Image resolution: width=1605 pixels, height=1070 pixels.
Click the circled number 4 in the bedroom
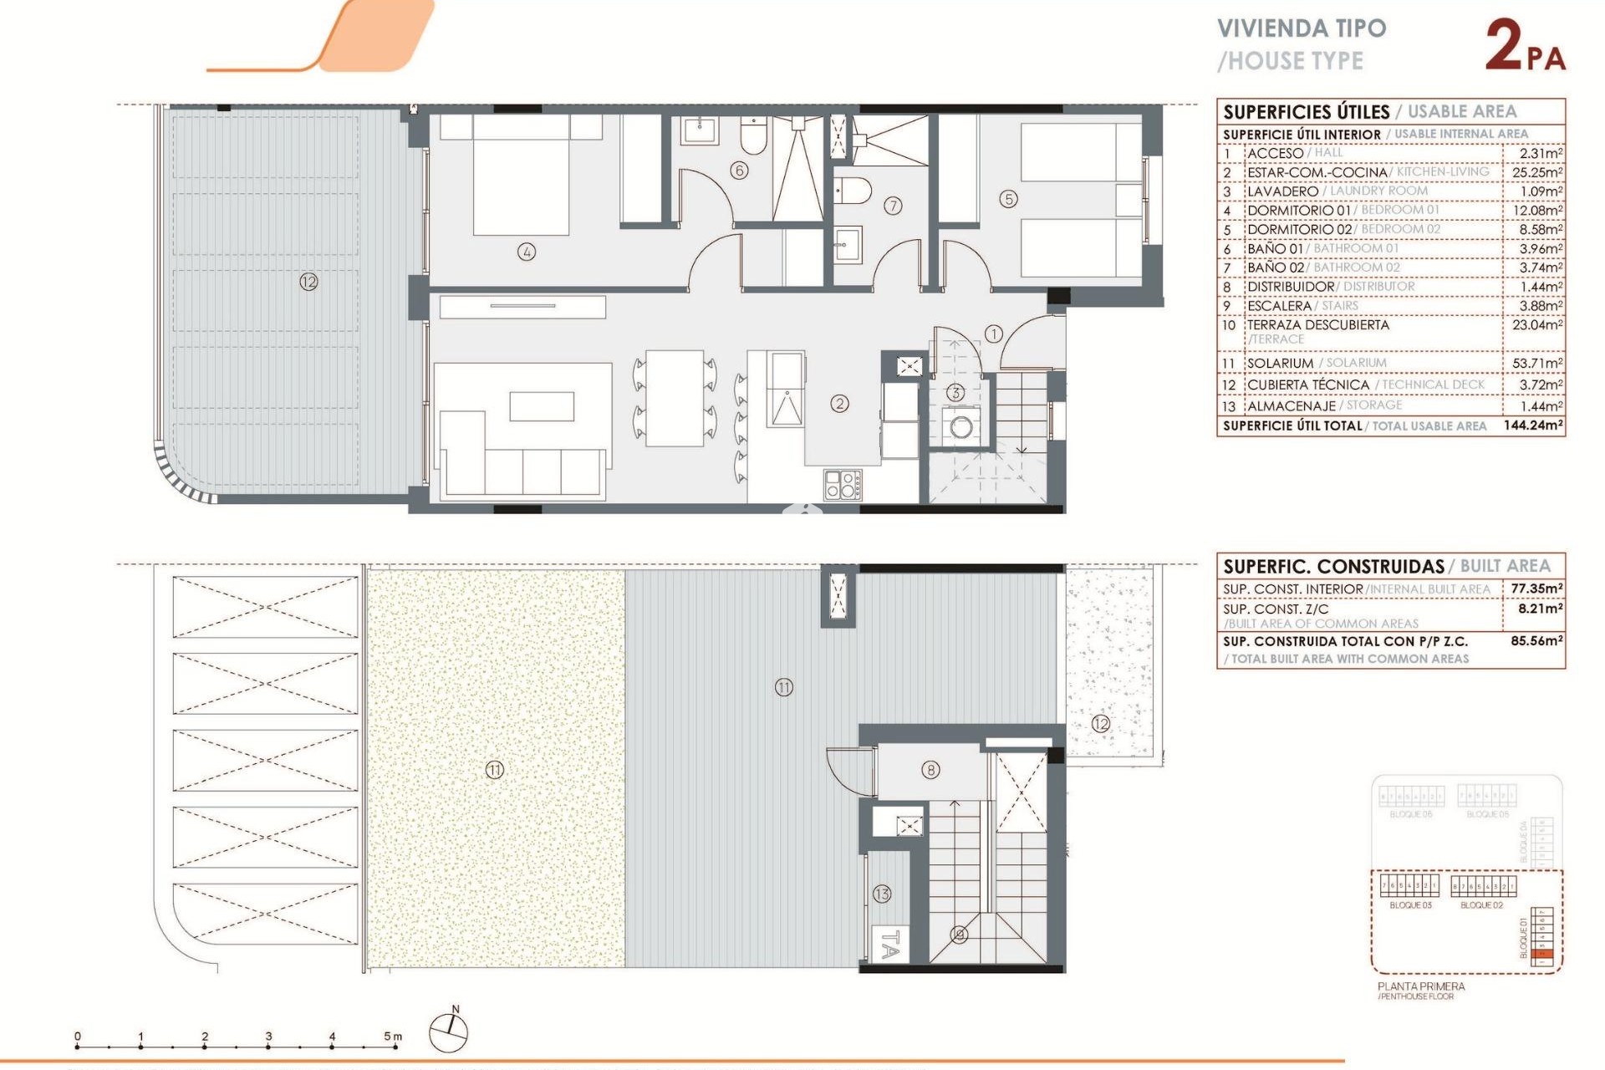[x=526, y=252]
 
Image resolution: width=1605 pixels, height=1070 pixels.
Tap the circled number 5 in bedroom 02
[x=1008, y=199]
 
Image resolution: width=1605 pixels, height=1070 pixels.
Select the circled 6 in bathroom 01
[x=739, y=171]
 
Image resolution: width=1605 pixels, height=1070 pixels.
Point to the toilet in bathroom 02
[x=853, y=190]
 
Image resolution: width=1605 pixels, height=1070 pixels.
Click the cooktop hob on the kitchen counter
[x=843, y=485]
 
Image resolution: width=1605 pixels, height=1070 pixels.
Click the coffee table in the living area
[x=542, y=406]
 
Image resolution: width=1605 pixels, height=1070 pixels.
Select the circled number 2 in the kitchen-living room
[x=839, y=404]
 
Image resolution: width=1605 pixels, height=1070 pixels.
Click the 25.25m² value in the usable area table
[x=1536, y=172]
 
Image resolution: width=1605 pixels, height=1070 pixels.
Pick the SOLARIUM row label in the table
[x=1280, y=363]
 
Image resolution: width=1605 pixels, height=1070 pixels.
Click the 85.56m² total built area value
[x=1536, y=641]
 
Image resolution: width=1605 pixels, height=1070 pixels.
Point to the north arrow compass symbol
[x=449, y=1032]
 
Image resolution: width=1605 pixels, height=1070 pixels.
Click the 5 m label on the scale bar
[x=393, y=1037]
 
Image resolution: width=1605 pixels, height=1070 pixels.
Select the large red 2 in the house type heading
[x=1503, y=46]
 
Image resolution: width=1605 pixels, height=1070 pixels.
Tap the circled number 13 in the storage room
[x=882, y=894]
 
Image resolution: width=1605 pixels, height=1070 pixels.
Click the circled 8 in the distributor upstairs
[x=930, y=770]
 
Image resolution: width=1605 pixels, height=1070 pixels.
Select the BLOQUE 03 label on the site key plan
[x=1410, y=905]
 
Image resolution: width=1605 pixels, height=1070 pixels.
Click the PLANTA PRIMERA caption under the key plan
[x=1421, y=986]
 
